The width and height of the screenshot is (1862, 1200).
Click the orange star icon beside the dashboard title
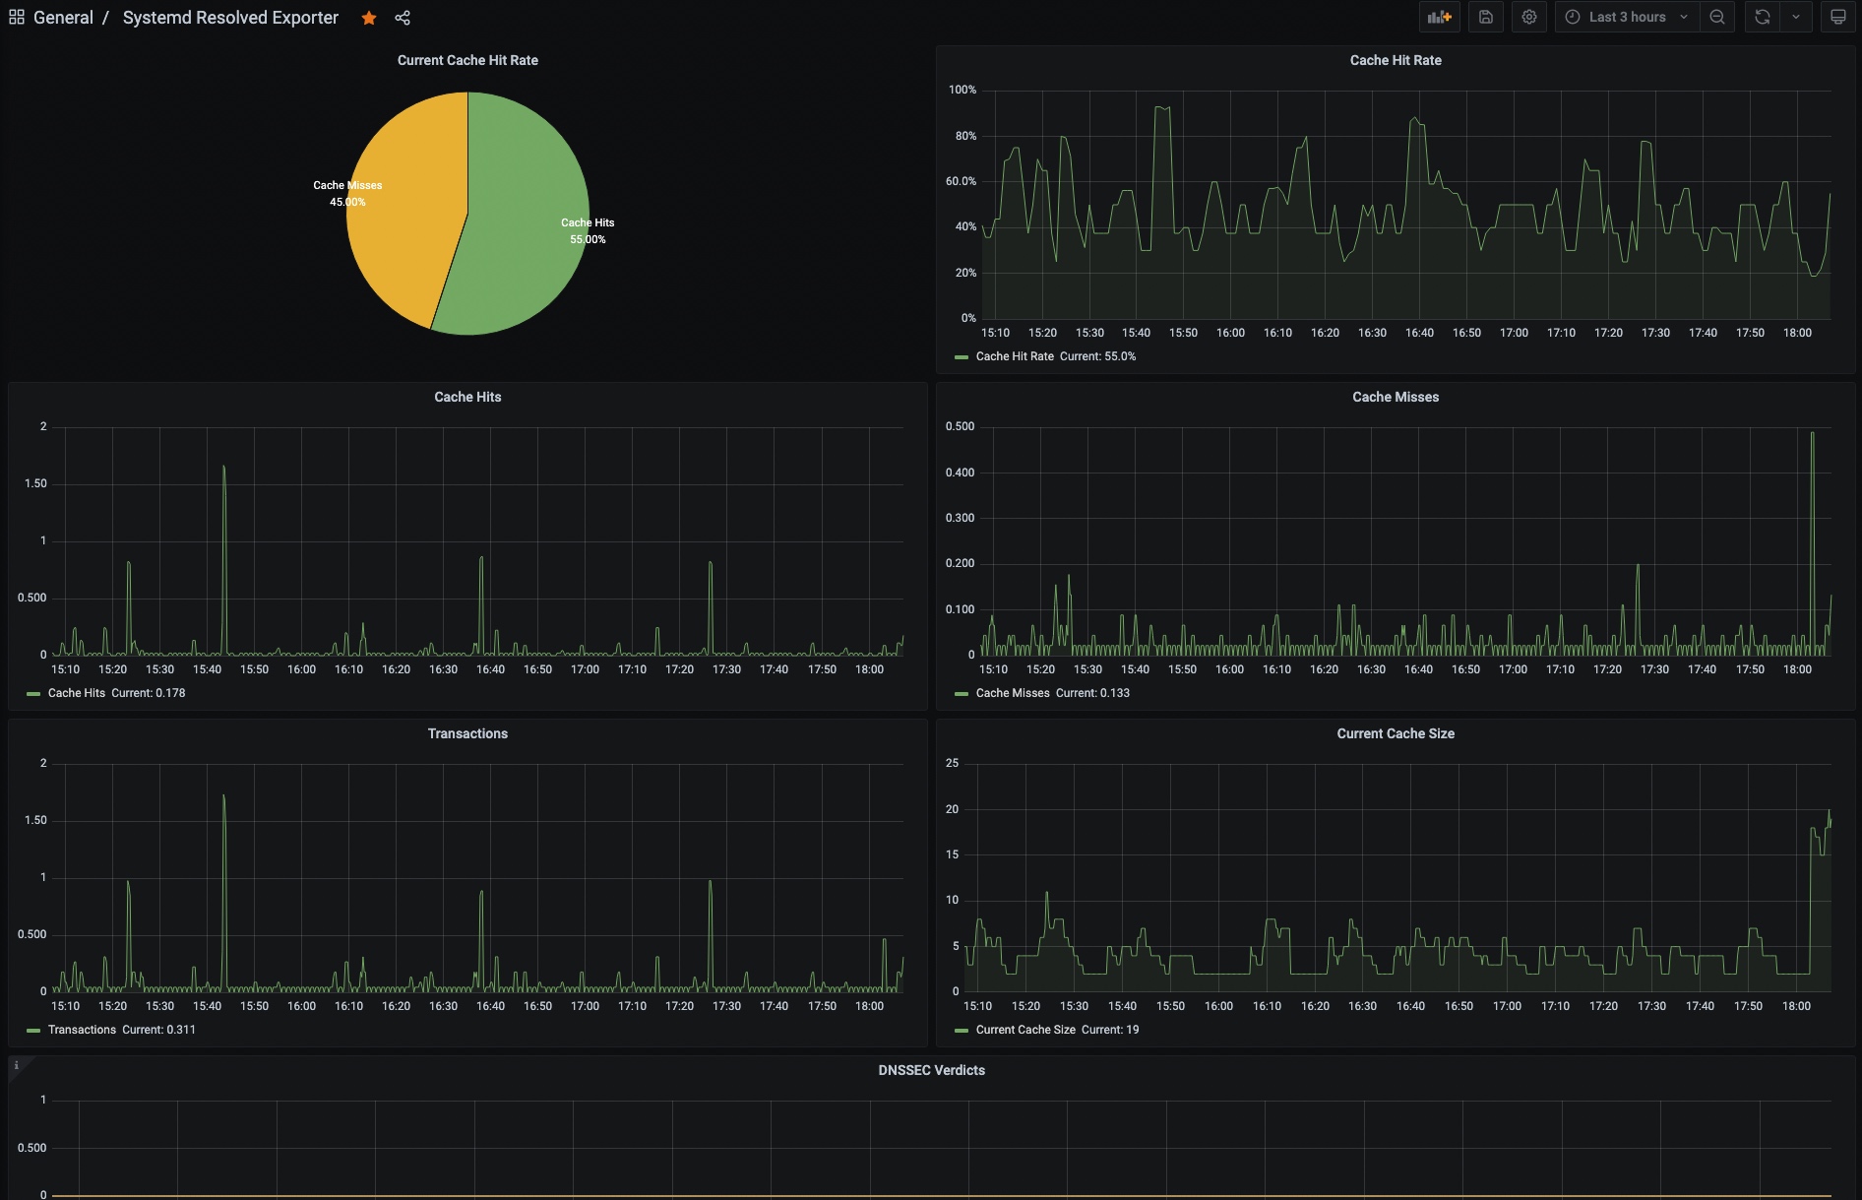tap(369, 18)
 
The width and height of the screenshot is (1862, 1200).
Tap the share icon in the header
tap(403, 18)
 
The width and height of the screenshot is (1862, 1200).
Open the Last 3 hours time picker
tap(1627, 17)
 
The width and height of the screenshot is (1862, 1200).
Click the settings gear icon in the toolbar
tap(1528, 17)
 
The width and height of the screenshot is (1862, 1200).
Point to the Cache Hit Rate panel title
tap(1395, 60)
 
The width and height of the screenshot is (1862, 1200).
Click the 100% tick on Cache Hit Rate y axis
tap(962, 90)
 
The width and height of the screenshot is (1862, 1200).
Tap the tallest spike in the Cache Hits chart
tap(223, 468)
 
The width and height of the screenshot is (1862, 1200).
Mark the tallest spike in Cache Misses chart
tap(1812, 434)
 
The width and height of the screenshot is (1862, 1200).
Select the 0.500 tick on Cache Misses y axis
tap(960, 426)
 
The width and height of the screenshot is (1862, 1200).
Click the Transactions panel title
tap(467, 733)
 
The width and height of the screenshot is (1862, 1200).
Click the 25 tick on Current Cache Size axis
tap(952, 763)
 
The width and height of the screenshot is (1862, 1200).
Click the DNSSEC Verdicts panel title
tap(931, 1070)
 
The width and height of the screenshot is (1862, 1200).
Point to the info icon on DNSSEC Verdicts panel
tap(16, 1065)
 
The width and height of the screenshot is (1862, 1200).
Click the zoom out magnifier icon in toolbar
tap(1716, 17)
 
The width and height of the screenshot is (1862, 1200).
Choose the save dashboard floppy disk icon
tap(1485, 17)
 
